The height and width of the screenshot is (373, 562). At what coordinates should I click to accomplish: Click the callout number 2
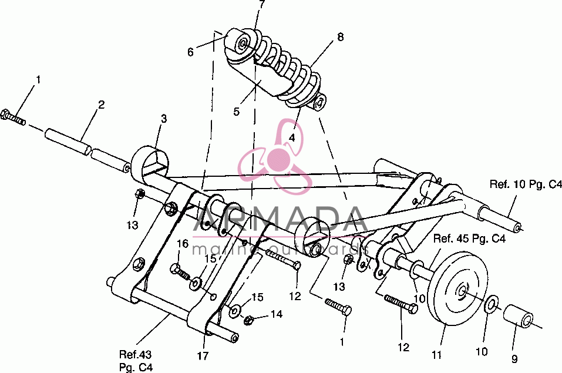[x=102, y=105]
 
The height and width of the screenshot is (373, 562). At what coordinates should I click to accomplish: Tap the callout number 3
[x=164, y=119]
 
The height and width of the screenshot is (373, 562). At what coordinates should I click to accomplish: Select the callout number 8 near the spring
[x=340, y=36]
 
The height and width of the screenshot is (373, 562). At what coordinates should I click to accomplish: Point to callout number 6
[x=190, y=52]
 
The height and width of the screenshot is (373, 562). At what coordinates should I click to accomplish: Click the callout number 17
[x=203, y=356]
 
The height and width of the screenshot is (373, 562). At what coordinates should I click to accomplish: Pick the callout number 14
[x=277, y=314]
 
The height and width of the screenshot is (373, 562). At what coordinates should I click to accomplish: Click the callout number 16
[x=183, y=244]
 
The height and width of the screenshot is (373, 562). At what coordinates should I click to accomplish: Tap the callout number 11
[x=436, y=355]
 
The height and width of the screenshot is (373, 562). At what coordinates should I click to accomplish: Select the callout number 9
[x=514, y=359]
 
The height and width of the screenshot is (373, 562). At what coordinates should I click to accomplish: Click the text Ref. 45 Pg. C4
[x=470, y=238]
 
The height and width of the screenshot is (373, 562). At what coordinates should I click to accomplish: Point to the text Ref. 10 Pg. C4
[x=526, y=184]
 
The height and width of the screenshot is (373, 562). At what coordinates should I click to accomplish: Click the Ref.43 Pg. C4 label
[x=136, y=361]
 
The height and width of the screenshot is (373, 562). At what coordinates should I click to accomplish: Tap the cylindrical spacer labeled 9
[x=519, y=315]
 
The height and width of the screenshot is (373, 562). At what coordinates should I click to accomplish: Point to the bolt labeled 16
[x=180, y=271]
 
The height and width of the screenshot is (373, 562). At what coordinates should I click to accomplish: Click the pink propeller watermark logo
[x=275, y=157]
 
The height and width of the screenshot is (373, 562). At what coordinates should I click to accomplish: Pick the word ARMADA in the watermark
[x=280, y=219]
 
